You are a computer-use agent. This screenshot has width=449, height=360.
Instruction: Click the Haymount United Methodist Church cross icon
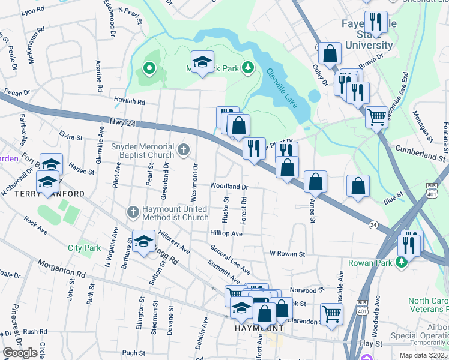pos(133,211)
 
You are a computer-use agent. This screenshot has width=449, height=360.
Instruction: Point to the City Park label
pos(84,247)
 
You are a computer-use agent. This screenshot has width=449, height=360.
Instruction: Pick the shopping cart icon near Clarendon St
pos(331,313)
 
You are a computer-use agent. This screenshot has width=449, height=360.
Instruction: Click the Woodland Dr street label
pos(229,187)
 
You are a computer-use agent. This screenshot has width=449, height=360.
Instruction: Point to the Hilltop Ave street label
pos(226,233)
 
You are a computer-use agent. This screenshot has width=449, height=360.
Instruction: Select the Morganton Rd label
pos(61,268)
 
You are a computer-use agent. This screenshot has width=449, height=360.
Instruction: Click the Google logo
pos(20,352)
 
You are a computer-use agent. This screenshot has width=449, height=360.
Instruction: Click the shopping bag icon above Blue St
pos(358,186)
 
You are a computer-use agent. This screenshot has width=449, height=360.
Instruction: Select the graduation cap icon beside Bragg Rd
pos(143,242)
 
